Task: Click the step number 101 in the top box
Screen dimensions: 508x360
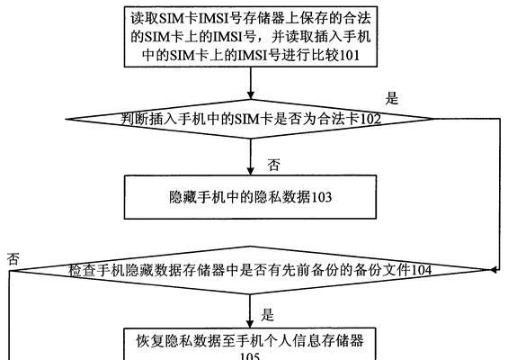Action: (x=350, y=56)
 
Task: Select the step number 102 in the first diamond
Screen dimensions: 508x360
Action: (x=370, y=119)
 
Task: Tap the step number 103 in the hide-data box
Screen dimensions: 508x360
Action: (x=321, y=197)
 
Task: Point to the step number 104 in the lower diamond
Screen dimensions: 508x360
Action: (x=421, y=270)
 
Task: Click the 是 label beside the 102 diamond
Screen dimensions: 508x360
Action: (x=391, y=97)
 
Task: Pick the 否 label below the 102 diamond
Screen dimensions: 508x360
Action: (x=273, y=165)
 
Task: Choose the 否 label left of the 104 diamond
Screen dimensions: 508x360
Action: (x=13, y=259)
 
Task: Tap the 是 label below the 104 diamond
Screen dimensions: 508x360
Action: (x=268, y=314)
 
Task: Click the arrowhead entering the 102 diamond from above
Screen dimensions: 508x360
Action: (x=251, y=94)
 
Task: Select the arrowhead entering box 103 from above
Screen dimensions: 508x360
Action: (x=251, y=171)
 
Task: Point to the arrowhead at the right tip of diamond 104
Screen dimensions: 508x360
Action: (x=494, y=269)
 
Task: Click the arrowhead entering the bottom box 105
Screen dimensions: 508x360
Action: (x=250, y=323)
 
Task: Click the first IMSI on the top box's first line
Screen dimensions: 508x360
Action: (x=213, y=19)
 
